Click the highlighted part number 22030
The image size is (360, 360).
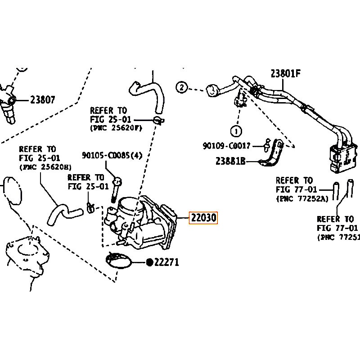coord(204,218)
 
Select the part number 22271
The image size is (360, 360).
coord(166,262)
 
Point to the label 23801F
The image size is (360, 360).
coord(285,73)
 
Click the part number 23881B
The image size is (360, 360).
coord(230,161)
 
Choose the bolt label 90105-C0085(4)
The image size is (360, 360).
coord(112,155)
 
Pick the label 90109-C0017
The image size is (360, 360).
coord(226,145)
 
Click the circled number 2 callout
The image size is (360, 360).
coord(181,87)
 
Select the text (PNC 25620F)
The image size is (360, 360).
coord(116,128)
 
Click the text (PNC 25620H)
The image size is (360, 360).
coord(43,167)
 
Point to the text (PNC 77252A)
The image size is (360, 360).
coord(302,198)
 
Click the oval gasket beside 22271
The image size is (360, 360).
coord(121,261)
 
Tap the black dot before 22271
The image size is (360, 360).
coord(149,262)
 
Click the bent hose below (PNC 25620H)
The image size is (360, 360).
coord(63,211)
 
